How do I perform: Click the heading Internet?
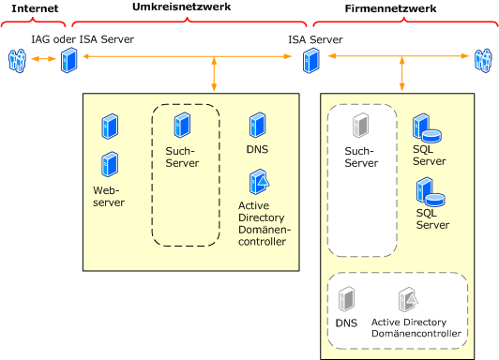35,8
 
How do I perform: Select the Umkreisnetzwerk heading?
181,7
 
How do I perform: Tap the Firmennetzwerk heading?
390,8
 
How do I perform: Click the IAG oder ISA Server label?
83,39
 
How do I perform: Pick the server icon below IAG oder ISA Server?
69,60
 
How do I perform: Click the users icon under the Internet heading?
17,60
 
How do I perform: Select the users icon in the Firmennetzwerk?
483,60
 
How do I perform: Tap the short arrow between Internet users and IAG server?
43,59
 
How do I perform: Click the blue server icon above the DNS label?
257,125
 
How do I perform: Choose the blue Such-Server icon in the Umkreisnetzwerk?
182,125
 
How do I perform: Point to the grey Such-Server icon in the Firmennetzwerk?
360,126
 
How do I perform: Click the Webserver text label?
109,196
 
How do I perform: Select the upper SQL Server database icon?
427,127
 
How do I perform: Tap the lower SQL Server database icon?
431,191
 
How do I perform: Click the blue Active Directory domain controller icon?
260,182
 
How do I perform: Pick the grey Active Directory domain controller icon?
408,299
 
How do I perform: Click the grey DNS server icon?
346,299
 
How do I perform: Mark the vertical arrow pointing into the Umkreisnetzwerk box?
214,74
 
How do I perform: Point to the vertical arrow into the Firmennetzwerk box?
402,74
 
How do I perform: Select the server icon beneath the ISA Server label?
310,60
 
